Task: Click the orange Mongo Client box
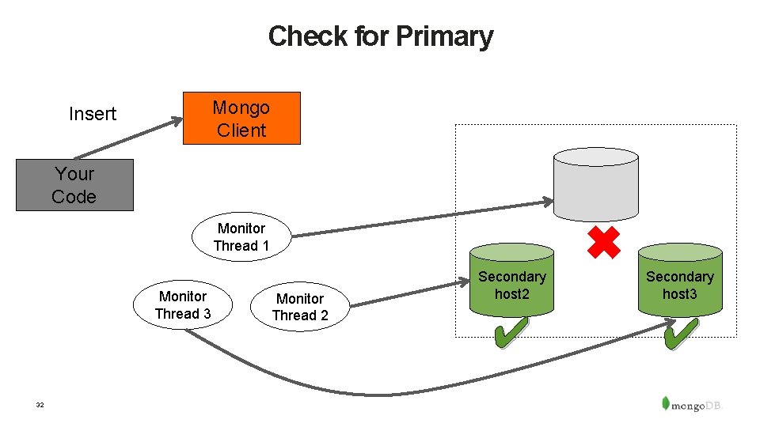click(241, 119)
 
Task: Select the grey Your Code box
click(74, 185)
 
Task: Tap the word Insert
click(93, 114)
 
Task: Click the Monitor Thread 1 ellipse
click(241, 236)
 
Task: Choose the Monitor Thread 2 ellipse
click(300, 306)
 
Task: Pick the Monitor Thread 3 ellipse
click(183, 304)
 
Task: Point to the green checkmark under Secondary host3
click(680, 333)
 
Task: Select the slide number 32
click(40, 405)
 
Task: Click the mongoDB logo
click(692, 403)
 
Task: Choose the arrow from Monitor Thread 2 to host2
click(404, 289)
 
